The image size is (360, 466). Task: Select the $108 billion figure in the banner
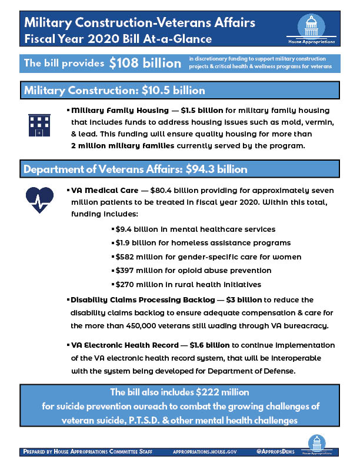click(x=145, y=64)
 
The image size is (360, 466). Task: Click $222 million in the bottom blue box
click(x=218, y=392)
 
